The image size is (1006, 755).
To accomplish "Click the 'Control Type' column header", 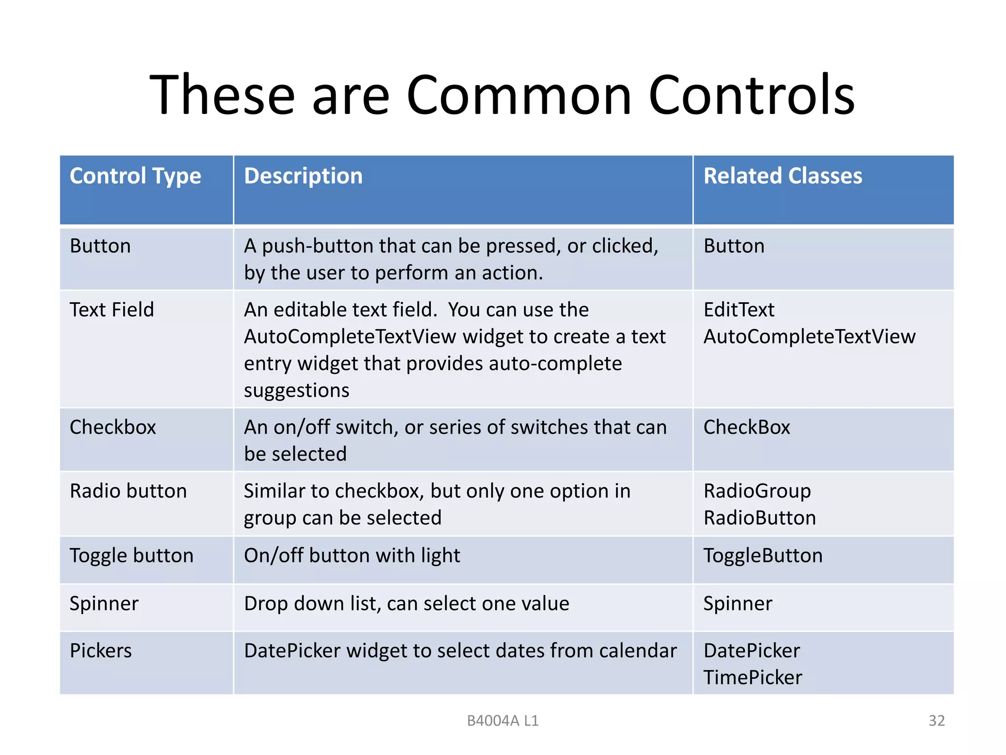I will point(135,176).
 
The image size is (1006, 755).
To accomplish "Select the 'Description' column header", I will point(303,176).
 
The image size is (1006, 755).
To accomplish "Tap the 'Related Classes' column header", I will point(782,176).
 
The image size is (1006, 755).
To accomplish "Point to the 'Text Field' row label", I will point(112,310).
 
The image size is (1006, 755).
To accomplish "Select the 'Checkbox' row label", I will point(112,427).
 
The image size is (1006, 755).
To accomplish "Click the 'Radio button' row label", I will point(128,491).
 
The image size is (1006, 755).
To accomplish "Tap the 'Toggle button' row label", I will point(132,555).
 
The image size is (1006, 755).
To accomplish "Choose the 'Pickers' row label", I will point(101,651).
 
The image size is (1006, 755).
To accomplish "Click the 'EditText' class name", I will point(739,310).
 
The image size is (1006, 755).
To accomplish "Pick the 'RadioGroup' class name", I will point(757,491).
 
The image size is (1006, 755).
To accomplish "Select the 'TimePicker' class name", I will point(753,677).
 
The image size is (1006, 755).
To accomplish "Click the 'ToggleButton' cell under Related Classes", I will point(763,555).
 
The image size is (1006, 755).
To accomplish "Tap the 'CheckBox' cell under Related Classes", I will point(747,427).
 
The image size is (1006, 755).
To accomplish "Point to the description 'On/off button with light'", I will point(352,555).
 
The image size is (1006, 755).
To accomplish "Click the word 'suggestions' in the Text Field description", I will point(297,390).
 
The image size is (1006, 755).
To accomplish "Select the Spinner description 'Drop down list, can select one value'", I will point(406,604).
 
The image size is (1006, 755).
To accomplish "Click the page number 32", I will point(936,721).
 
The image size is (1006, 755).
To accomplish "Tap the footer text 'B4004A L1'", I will point(503,721).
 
